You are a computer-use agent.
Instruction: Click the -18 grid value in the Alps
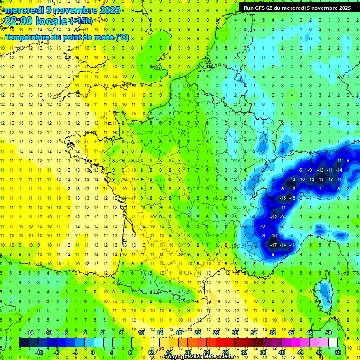pyautogui.click(x=321, y=179)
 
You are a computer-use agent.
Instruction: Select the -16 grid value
pyautogui.click(x=292, y=198)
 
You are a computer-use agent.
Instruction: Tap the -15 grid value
pyautogui.click(x=283, y=198)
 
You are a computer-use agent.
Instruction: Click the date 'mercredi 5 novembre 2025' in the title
pyautogui.click(x=62, y=9)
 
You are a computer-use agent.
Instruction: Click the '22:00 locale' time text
pyautogui.click(x=36, y=21)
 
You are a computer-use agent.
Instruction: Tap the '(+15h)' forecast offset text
pyautogui.click(x=81, y=21)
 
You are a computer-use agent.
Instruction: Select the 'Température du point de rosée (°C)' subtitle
pyautogui.click(x=67, y=37)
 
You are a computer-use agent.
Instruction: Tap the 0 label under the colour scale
pyautogui.click(x=92, y=352)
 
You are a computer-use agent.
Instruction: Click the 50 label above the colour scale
pyautogui.click(x=328, y=333)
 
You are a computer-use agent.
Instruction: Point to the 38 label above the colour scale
pyautogui.click(x=272, y=333)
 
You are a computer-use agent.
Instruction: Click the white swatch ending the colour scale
pyautogui.click(x=333, y=342)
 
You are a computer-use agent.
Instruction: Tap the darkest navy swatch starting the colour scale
pyautogui.click(x=23, y=342)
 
